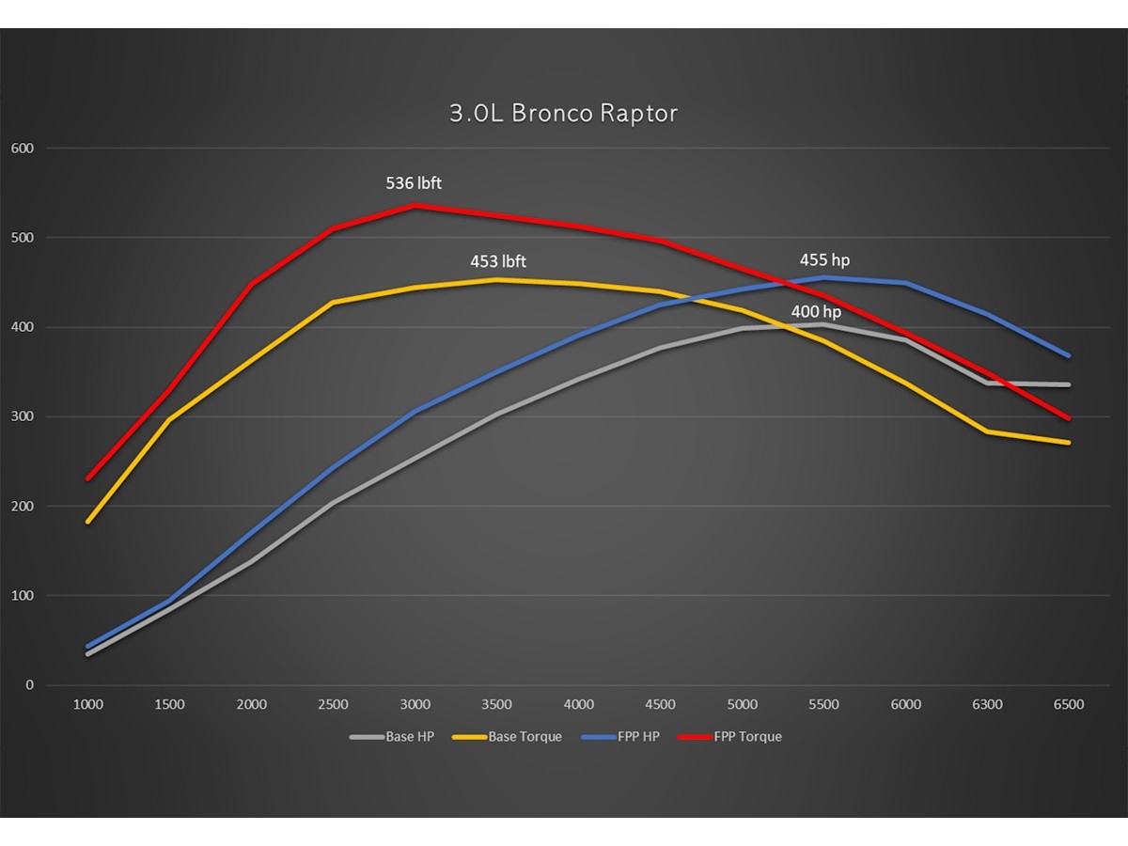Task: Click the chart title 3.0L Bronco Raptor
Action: (x=563, y=114)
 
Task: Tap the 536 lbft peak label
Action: (x=414, y=183)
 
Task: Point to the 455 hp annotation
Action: (x=824, y=260)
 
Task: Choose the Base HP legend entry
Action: (x=392, y=737)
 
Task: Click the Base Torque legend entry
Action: (x=507, y=737)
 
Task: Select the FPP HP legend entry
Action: (x=620, y=737)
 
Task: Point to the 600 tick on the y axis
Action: (x=23, y=149)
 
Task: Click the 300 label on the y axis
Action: (x=23, y=416)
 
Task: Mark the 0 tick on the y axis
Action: (x=29, y=685)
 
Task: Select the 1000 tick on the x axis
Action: (x=87, y=705)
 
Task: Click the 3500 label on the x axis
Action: (x=496, y=705)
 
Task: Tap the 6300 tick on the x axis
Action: (x=987, y=705)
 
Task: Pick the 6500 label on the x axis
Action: (x=1069, y=705)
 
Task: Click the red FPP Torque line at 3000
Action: (x=415, y=205)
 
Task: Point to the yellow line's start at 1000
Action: (x=88, y=521)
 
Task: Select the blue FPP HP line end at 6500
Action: (x=1069, y=355)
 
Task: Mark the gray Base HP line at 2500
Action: (x=334, y=503)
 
